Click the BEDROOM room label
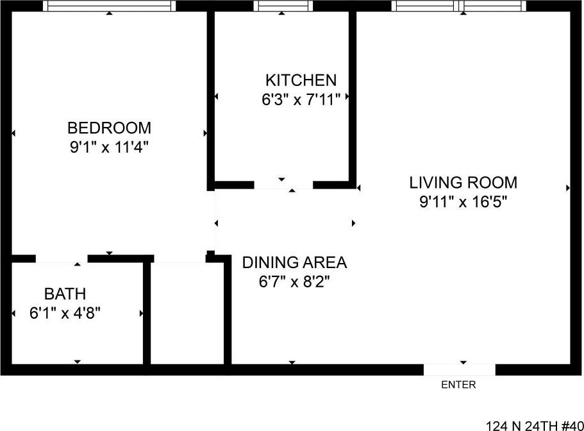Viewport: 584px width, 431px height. click(109, 128)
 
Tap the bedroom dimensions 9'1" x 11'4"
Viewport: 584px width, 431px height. click(109, 147)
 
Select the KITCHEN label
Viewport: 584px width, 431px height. click(301, 80)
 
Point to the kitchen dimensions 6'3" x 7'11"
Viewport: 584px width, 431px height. click(301, 99)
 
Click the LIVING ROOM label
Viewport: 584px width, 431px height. click(463, 183)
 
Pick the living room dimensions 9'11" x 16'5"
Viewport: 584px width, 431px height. click(463, 203)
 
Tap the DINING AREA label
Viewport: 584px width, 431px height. click(294, 262)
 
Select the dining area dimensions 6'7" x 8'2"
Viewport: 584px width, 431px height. click(294, 282)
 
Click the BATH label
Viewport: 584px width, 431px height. click(65, 294)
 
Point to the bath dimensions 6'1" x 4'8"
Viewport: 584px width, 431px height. click(65, 314)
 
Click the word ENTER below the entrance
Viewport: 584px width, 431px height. click(459, 385)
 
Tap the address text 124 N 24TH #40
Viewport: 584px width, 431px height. click(534, 425)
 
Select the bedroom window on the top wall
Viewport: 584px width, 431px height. click(109, 6)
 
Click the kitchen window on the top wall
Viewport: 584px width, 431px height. click(283, 6)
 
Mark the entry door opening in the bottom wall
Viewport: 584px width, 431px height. click(459, 369)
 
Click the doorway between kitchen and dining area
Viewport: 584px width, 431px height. click(283, 185)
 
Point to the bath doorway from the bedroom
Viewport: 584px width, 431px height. click(62, 258)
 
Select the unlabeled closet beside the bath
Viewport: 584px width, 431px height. click(187, 314)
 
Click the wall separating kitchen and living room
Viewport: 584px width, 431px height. click(352, 96)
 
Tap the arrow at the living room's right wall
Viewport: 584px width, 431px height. click(568, 188)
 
